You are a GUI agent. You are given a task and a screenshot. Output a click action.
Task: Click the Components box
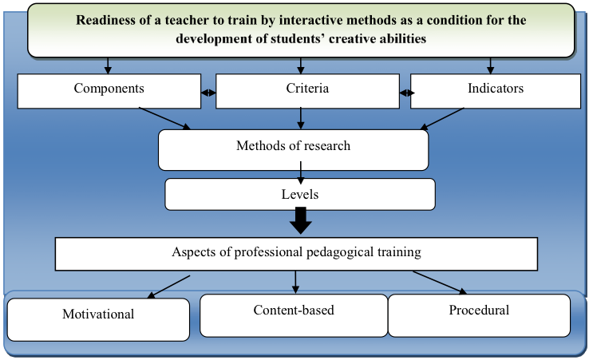pos(109,91)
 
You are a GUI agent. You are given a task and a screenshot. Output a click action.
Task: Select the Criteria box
pos(307,91)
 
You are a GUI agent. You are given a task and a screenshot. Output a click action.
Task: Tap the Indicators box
pos(496,91)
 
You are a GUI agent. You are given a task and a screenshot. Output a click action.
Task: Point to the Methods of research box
pos(294,150)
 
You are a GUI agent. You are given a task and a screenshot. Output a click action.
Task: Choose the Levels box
pos(300,195)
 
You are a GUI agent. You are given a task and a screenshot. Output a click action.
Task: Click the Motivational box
pos(98,319)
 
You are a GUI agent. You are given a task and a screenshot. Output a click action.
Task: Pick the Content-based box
pos(294,315)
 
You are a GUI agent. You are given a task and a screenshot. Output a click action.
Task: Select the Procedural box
pos(479,315)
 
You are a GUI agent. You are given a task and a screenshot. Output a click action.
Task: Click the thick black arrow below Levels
pos(301,220)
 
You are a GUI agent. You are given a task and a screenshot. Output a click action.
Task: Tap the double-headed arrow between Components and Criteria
pos(208,93)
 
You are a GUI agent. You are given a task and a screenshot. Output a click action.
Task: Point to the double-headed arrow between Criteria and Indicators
pos(407,93)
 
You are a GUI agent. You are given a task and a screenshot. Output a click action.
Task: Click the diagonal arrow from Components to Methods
pos(165,118)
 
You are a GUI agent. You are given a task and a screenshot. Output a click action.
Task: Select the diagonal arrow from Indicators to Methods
pos(442,119)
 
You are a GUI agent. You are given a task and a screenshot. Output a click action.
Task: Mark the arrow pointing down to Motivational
pos(168,287)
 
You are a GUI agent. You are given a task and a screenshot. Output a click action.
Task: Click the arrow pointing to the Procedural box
pos(440,283)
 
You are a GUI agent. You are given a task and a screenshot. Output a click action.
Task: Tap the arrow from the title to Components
pos(108,65)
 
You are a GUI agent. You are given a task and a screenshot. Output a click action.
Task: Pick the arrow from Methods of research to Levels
pos(301,172)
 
